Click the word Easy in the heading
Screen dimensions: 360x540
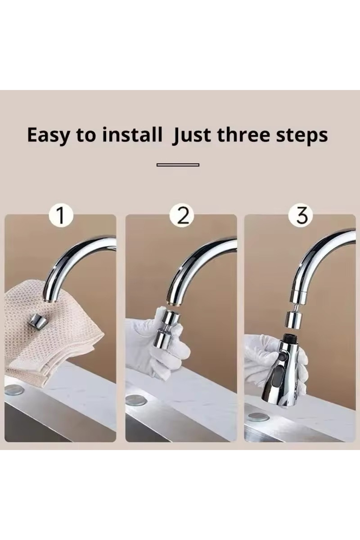click(48, 135)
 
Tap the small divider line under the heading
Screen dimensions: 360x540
click(178, 165)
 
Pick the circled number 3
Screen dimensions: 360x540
click(302, 215)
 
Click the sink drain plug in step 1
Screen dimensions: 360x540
click(15, 390)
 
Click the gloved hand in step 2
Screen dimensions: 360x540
click(157, 348)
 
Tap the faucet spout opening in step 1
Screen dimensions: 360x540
click(50, 300)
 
